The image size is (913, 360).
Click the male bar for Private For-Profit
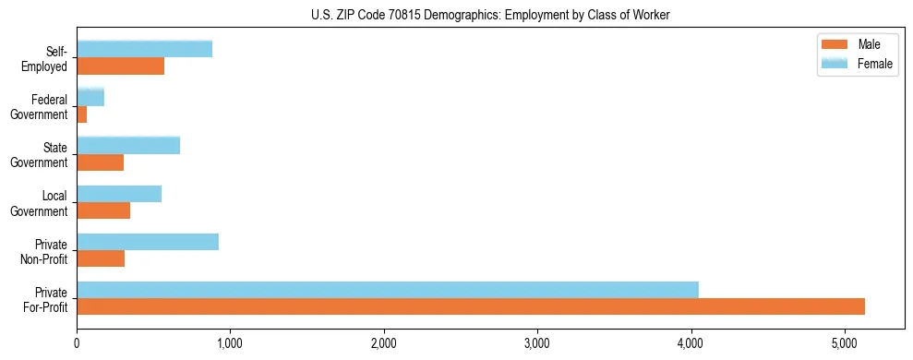[x=471, y=306]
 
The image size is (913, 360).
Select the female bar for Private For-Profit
[x=388, y=290]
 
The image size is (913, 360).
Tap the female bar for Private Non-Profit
[x=148, y=242]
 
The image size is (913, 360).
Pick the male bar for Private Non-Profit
[x=101, y=258]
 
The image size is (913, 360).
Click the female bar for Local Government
[x=119, y=194]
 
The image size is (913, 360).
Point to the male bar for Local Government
[x=103, y=210]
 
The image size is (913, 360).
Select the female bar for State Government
[x=128, y=146]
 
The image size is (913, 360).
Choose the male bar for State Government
[x=100, y=162]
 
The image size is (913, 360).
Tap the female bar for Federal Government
[x=90, y=97]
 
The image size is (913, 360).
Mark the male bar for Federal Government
[x=82, y=114]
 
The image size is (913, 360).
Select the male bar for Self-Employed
[x=120, y=66]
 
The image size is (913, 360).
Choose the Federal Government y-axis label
[x=40, y=107]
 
